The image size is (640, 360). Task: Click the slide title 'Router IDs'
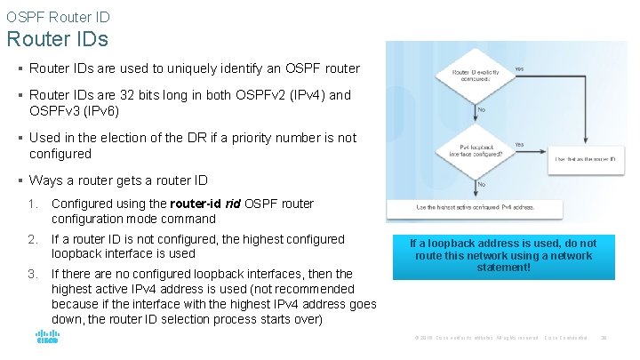[57, 40]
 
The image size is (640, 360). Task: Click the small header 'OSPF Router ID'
[58, 16]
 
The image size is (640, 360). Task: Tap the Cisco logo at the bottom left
[47, 339]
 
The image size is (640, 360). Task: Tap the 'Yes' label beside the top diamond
[519, 68]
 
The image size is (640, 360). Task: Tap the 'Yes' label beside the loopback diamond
[519, 144]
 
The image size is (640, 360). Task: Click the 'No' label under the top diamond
[482, 109]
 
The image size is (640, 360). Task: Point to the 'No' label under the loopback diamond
[482, 184]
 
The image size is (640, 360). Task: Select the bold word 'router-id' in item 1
[196, 204]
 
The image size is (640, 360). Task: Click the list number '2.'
[33, 239]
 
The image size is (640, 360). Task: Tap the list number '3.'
[33, 274]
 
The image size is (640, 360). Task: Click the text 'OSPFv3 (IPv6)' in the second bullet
[74, 111]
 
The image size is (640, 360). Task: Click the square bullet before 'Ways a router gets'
[20, 180]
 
